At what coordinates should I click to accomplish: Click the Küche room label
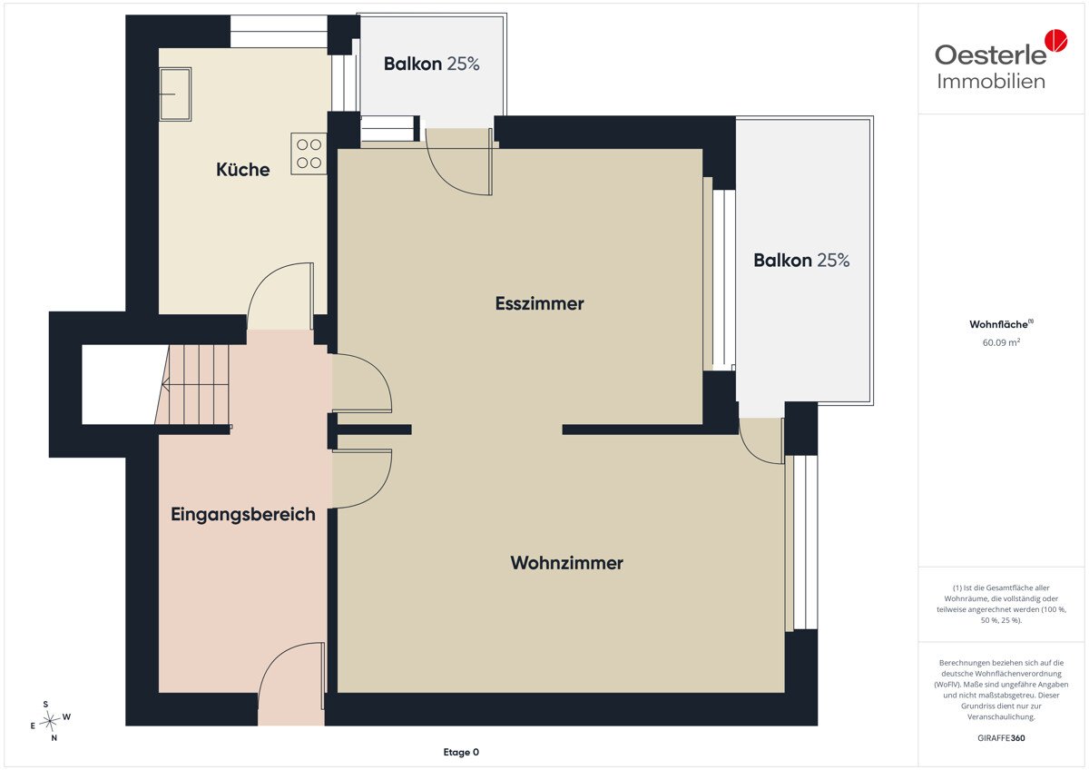tap(242, 170)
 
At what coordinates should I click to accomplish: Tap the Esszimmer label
tap(539, 303)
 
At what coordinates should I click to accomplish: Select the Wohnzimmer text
tap(566, 563)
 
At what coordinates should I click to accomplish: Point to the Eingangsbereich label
tap(242, 514)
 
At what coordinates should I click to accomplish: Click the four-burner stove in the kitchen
tap(309, 153)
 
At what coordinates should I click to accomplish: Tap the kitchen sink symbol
tap(175, 94)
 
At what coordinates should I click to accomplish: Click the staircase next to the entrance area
tap(194, 385)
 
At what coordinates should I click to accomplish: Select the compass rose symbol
tap(49, 720)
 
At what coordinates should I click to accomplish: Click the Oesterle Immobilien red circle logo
tap(1056, 41)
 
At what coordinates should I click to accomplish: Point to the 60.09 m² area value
tap(1001, 342)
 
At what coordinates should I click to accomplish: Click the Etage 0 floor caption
tap(461, 752)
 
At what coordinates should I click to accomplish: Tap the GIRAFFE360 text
tap(1001, 738)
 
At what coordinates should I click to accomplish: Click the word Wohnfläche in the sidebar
tap(998, 324)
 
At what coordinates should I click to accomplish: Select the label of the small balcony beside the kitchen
tap(431, 64)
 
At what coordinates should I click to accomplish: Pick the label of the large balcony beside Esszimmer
tap(801, 261)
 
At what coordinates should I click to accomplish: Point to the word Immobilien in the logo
tap(991, 81)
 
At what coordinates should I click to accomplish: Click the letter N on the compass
tap(54, 738)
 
